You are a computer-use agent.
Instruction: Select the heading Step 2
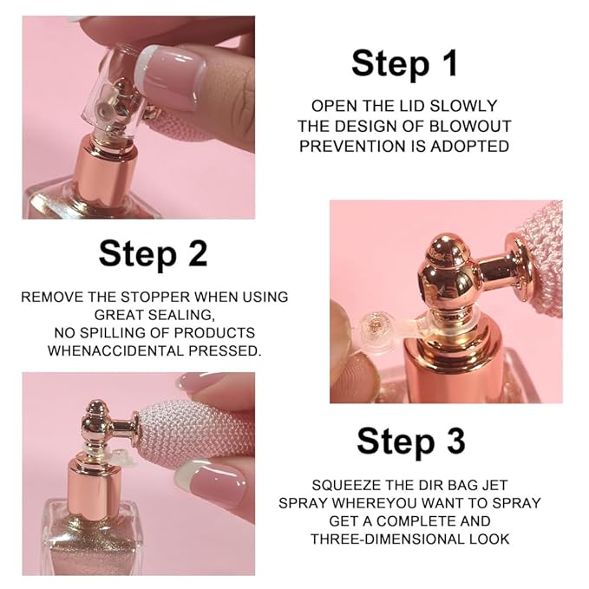[153, 253]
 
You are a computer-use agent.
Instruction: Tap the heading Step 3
[411, 441]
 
